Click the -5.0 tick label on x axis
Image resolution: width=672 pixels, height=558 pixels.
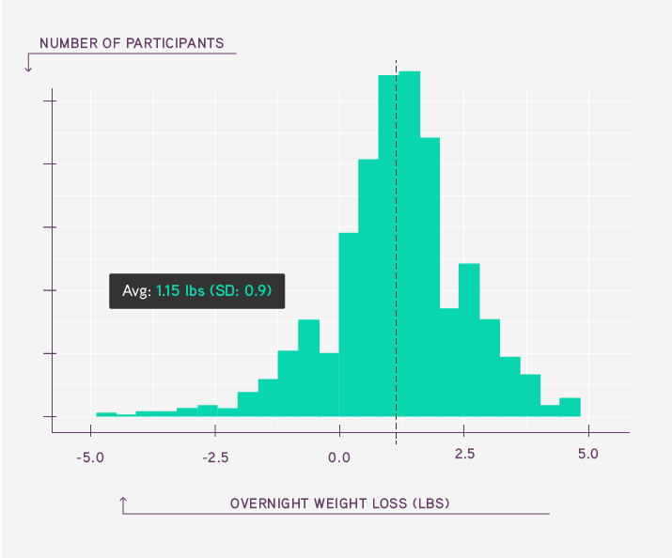[x=90, y=457]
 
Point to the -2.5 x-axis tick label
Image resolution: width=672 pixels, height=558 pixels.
[x=215, y=457]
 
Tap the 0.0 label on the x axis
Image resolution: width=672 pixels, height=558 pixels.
[x=339, y=457]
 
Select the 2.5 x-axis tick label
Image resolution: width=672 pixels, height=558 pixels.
[x=464, y=454]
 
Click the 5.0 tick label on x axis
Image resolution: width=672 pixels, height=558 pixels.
[x=588, y=454]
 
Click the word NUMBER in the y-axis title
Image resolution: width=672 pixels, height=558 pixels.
[x=69, y=43]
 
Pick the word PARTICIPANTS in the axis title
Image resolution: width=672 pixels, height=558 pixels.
[x=175, y=43]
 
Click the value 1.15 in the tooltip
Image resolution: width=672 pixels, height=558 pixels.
[x=167, y=291]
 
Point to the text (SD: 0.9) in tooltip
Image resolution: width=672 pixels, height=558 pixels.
[x=241, y=291]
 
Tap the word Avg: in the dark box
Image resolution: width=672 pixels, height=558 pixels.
[x=136, y=291]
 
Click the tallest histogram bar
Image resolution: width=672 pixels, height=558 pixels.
[x=410, y=243]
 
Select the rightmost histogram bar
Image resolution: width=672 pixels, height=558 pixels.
[x=570, y=408]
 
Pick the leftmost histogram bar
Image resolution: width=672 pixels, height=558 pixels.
[x=106, y=414]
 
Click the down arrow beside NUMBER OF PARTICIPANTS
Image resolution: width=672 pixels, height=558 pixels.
[x=28, y=63]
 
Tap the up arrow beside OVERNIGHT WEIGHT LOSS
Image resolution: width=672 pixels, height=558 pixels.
[x=123, y=505]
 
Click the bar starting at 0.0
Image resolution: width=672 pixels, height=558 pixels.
[x=349, y=325]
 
